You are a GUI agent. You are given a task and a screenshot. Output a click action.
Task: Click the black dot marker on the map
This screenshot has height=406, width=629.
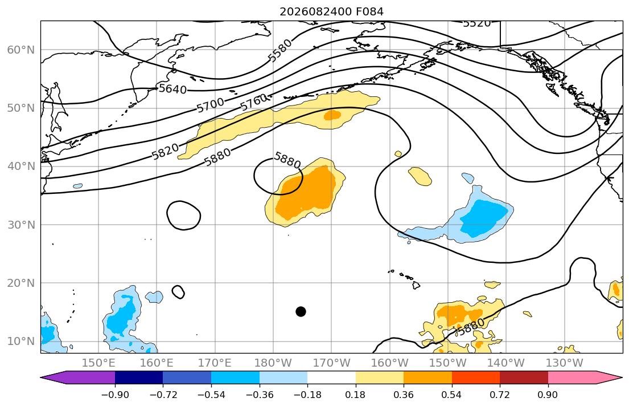301,311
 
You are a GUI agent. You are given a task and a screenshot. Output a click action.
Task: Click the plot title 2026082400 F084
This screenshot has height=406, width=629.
331,11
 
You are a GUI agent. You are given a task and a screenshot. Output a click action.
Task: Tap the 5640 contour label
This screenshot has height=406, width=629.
172,89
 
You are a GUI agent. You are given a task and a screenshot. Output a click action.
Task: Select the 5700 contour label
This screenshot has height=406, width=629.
210,105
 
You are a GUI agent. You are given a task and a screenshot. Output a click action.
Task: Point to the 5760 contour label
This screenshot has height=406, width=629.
253,102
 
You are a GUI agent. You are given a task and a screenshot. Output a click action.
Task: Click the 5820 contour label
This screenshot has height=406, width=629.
165,152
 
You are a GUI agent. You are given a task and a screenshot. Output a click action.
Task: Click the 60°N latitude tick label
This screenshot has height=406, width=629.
21,50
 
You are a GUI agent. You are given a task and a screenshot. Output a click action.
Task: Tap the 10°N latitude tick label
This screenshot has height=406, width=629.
21,342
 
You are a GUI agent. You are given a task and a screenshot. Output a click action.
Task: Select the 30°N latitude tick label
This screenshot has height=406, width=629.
21,225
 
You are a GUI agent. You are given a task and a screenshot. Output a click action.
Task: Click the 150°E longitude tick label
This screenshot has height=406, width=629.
98,363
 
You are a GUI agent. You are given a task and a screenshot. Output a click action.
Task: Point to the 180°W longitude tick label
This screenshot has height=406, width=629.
273,363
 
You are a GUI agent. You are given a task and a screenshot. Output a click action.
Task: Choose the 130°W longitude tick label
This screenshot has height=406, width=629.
565,363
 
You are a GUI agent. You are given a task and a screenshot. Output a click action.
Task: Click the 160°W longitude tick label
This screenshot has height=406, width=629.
390,363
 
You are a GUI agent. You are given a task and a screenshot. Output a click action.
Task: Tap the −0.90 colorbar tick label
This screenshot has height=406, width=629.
115,395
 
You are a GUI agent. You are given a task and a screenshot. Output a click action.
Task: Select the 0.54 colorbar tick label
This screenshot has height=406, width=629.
452,395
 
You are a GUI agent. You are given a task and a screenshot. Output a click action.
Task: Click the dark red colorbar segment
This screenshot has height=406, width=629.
524,377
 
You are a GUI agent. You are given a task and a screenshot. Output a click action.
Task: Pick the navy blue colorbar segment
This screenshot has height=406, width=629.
139,377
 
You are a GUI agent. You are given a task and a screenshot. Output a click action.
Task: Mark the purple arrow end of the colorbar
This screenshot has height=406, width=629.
78,377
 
